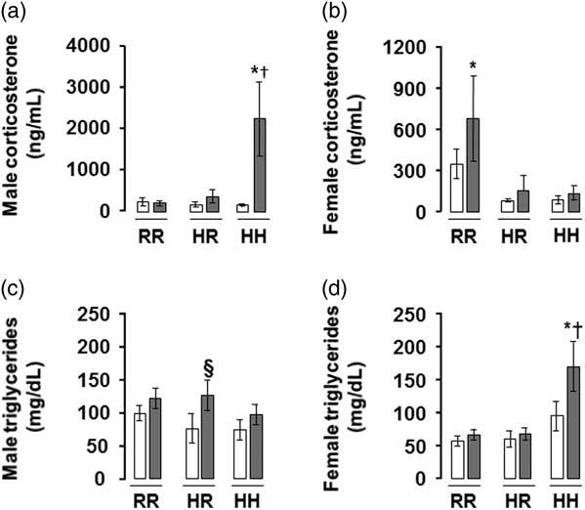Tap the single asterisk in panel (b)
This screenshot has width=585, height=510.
[x=473, y=66]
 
